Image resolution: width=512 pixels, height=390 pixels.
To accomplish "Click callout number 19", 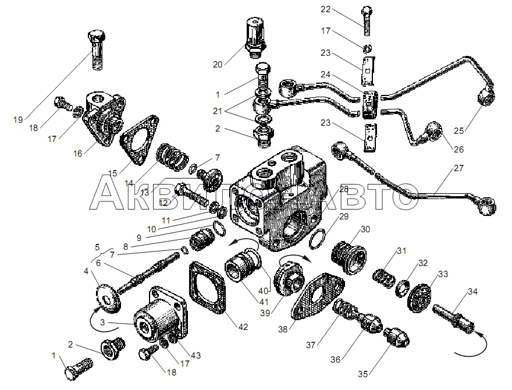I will click(18, 120).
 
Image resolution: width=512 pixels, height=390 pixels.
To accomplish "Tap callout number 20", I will click(218, 65).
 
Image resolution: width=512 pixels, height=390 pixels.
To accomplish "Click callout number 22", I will click(325, 9).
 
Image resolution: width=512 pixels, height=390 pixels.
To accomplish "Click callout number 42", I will click(243, 327).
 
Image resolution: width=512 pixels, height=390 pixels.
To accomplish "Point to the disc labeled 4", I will click(108, 294).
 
